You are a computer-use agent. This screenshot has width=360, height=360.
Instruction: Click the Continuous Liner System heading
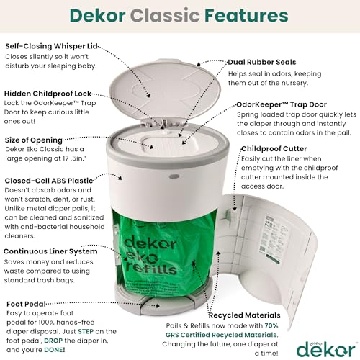point(56,251)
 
